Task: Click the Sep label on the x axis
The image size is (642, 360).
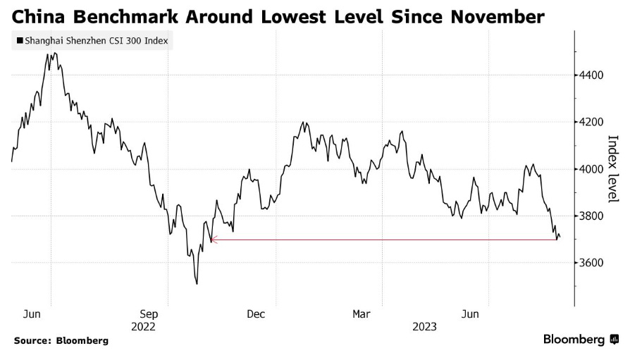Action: [x=149, y=314]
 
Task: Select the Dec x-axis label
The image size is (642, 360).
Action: [x=256, y=314]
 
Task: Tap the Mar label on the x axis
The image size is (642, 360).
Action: [x=362, y=314]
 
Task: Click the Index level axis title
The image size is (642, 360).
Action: [x=612, y=168]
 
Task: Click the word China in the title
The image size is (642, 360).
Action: [x=36, y=15]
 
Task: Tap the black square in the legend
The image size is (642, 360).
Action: [x=20, y=41]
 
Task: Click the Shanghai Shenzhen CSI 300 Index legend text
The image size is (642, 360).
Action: [x=96, y=41]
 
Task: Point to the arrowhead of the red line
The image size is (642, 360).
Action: [x=213, y=240]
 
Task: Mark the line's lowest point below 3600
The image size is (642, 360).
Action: [x=197, y=284]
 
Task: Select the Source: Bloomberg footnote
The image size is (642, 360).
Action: [x=61, y=341]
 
